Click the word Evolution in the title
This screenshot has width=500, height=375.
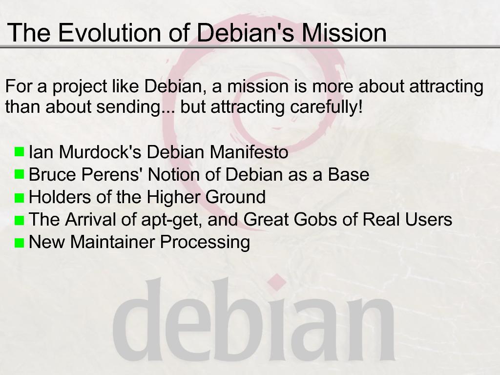coord(109,32)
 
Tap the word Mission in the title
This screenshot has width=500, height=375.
coord(344,32)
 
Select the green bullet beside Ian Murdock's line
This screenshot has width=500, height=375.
coord(20,151)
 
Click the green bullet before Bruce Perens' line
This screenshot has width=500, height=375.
coord(20,174)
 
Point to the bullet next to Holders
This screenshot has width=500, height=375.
coord(20,198)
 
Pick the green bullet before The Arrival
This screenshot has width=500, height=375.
coord(20,220)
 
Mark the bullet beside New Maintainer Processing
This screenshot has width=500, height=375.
coord(20,243)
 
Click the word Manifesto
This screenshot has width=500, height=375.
coord(249,152)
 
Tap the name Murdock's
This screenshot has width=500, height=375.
coord(100,152)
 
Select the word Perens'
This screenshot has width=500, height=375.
coord(112,174)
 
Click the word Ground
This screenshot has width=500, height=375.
coord(235,197)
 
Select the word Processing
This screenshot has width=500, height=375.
coord(205,242)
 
